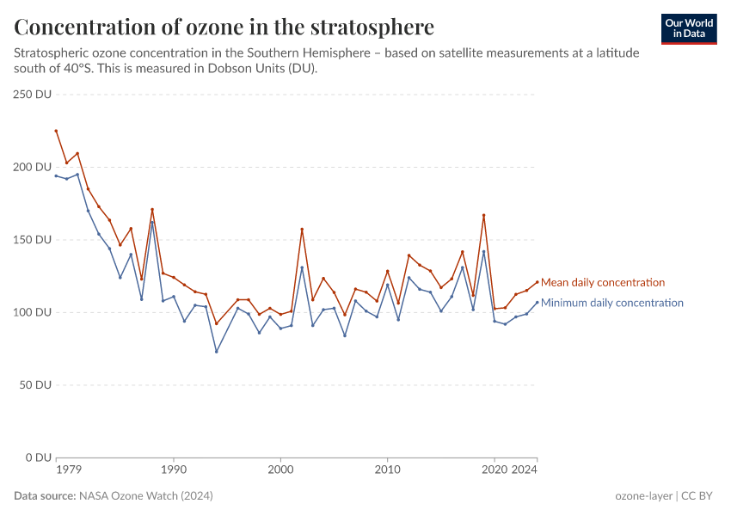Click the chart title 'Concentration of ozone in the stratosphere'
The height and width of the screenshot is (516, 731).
coord(224,27)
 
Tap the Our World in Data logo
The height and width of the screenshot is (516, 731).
coord(689,28)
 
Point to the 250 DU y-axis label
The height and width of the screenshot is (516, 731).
coord(34,95)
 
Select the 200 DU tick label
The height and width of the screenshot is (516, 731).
coord(34,167)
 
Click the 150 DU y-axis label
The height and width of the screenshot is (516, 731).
coord(34,240)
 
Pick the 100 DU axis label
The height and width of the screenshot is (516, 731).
coord(34,312)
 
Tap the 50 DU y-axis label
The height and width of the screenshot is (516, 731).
coord(37,384)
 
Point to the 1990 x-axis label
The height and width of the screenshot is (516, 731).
coord(174,470)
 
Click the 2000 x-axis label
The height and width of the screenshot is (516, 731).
coord(280,470)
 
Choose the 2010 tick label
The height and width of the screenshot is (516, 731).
coord(388,470)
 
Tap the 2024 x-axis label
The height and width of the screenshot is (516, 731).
coord(525,470)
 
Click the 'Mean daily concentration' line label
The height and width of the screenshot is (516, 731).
coord(602,282)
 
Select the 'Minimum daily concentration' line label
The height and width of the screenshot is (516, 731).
coord(611,303)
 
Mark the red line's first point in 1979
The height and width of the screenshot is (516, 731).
coord(56,131)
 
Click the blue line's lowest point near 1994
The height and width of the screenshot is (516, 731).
coord(217,351)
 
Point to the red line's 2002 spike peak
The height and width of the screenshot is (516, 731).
coord(302,230)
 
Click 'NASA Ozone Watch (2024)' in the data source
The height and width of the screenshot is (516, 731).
coord(145,496)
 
